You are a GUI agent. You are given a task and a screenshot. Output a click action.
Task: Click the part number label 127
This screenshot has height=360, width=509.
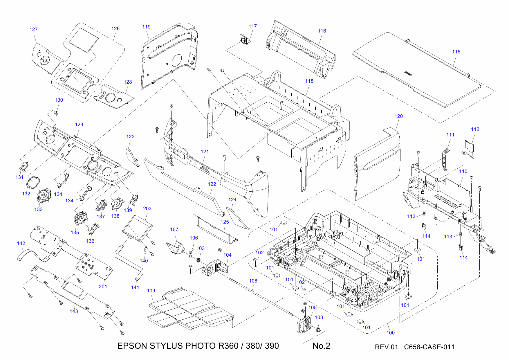34,29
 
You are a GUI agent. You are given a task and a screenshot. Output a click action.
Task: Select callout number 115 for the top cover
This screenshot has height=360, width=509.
456,52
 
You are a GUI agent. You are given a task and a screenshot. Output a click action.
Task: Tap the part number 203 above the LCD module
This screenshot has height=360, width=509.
147,208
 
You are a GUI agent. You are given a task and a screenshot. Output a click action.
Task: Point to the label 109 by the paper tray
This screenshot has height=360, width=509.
151,291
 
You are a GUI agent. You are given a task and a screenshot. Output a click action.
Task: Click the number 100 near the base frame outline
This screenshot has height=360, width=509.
390,333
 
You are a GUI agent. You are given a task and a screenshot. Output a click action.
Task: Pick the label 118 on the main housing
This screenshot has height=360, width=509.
309,81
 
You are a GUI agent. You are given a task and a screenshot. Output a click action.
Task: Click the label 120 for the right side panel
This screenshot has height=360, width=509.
398,116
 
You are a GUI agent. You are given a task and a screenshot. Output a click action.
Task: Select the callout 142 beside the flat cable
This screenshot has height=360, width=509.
21,243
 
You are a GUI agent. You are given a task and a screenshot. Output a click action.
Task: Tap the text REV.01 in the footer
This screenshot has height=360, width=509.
386,347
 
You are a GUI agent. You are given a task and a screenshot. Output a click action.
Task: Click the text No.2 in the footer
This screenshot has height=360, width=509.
321,346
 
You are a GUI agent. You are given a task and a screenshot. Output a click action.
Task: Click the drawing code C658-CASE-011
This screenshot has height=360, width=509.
429,347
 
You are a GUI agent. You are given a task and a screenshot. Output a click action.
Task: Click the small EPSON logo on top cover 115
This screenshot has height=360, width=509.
408,73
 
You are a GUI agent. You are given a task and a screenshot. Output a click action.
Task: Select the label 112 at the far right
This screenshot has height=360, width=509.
475,129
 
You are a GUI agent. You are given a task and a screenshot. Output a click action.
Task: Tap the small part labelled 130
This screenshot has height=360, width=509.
56,113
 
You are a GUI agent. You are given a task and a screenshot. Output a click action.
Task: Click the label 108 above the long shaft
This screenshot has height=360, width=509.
253,281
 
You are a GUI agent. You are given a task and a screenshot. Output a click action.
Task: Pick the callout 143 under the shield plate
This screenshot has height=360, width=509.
74,311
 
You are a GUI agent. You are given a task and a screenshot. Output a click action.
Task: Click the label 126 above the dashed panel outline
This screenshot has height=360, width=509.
115,28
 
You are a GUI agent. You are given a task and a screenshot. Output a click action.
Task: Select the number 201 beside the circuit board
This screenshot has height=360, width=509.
103,287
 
